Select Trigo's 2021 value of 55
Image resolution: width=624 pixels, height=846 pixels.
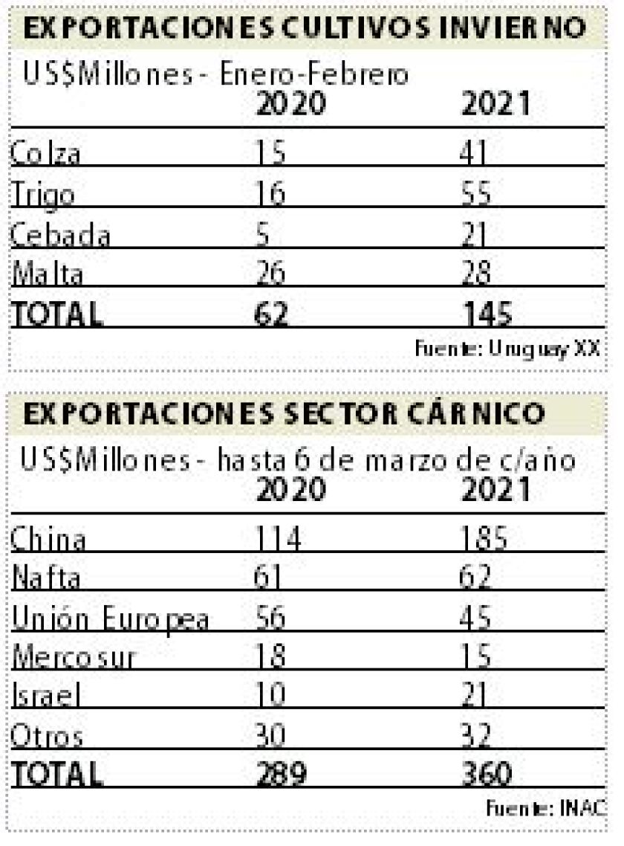pyautogui.click(x=475, y=195)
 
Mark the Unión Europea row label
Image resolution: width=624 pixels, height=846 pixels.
pyautogui.click(x=108, y=619)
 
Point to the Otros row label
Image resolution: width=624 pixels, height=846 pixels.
pyautogui.click(x=46, y=736)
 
